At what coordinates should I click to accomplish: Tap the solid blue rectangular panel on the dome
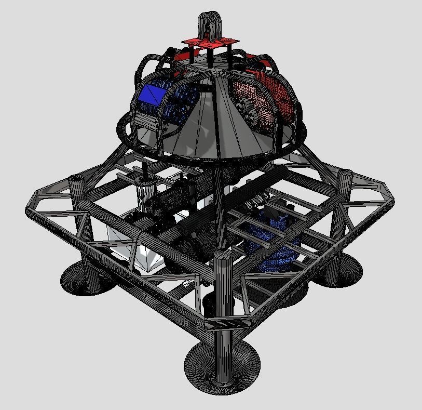click(x=152, y=94)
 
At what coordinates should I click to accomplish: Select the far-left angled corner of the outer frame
click(x=34, y=205)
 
